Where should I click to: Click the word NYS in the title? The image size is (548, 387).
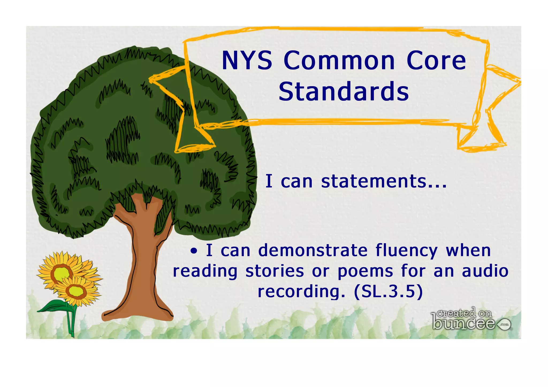[x=247, y=61]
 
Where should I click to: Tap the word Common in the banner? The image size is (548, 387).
[x=339, y=61]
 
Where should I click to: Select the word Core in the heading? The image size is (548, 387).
[x=436, y=61]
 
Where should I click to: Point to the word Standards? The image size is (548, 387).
[x=344, y=91]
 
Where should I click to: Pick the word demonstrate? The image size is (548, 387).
[x=313, y=250]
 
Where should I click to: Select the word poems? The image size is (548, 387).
[x=365, y=272]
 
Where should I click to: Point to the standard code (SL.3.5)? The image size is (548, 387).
[x=388, y=292]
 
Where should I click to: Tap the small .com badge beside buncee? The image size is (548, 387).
[x=504, y=324]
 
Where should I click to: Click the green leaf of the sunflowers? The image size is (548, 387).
[x=52, y=307]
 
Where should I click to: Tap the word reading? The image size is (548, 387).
[x=205, y=272]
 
